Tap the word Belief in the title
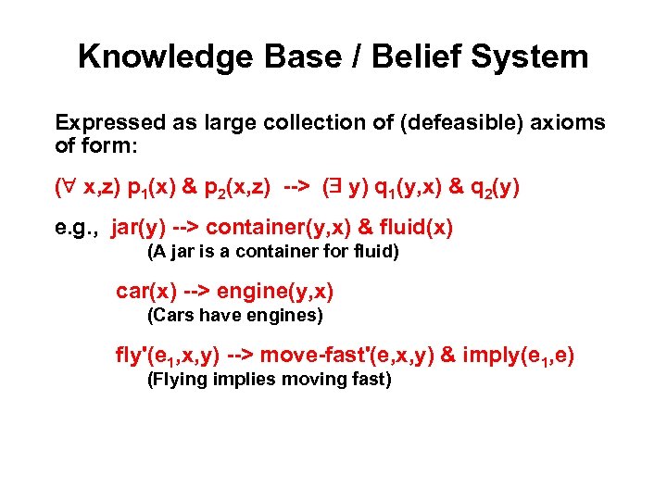click(414, 56)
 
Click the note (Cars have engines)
click(235, 316)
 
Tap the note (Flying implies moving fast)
click(270, 380)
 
